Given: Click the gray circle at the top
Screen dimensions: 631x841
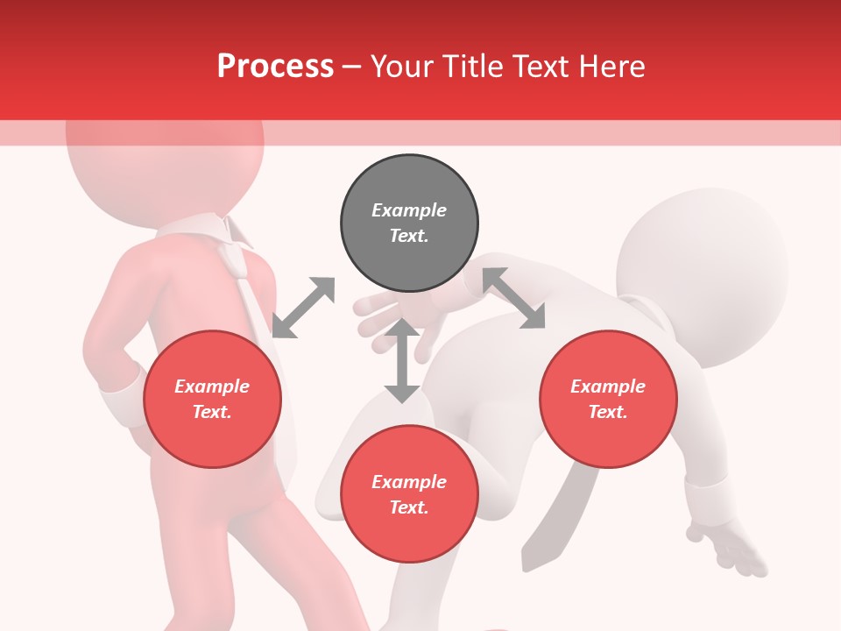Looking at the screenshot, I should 409,223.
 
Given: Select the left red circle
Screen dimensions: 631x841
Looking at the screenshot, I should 212,400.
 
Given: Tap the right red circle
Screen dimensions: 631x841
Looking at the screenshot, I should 608,400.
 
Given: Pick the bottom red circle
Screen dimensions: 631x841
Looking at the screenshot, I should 409,494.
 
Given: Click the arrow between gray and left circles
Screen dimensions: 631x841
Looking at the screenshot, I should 303,308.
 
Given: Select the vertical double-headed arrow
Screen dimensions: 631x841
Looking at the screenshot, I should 402,360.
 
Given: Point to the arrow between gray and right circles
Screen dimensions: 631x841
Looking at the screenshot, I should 513,298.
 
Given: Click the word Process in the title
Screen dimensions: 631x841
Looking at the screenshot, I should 275,66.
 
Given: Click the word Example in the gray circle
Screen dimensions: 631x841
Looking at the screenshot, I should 409,210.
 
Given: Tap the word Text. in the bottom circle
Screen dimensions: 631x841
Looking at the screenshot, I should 409,507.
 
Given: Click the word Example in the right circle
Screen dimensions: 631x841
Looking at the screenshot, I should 608,386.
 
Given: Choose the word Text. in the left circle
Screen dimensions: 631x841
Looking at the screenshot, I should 212,412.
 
